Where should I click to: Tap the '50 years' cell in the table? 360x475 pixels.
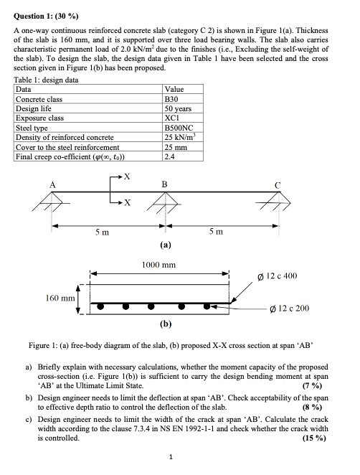(x=179, y=108)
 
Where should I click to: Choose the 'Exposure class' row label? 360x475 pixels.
(x=39, y=118)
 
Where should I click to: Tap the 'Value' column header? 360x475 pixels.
(x=175, y=90)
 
